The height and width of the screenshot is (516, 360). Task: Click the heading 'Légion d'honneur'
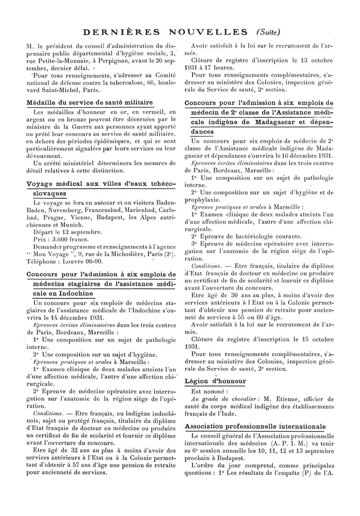click(216, 381)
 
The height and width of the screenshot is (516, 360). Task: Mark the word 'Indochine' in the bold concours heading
click(73, 293)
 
